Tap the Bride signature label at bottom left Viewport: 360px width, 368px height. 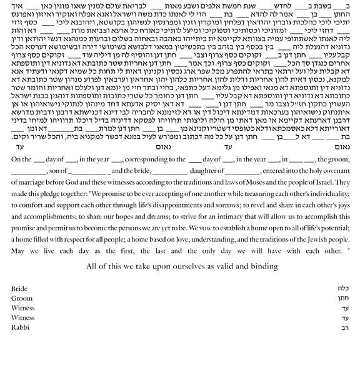[19, 289]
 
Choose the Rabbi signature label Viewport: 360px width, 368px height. [20, 327]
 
